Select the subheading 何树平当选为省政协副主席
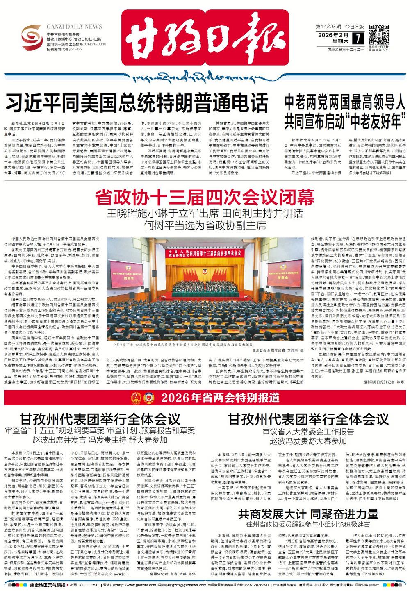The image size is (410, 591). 205,225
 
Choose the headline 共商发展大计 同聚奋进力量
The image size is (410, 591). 308,514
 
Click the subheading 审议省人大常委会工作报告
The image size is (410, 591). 308,432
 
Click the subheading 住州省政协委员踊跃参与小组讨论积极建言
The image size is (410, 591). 308,524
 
